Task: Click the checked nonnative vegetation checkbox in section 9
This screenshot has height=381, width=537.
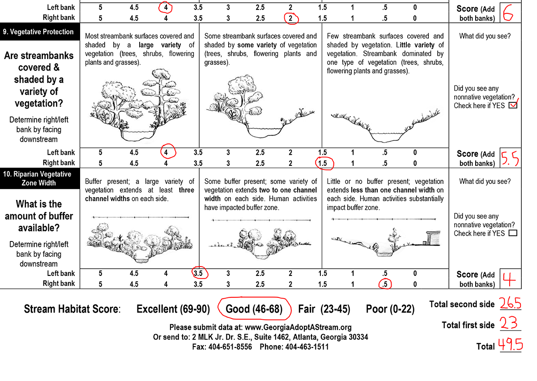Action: point(513,106)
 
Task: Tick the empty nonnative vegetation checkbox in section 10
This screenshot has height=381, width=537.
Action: point(513,233)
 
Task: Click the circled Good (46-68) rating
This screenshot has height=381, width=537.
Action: point(254,309)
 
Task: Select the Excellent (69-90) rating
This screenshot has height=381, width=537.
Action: point(173,309)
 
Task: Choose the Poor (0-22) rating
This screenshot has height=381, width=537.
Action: point(390,309)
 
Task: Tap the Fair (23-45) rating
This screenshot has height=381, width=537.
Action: point(324,309)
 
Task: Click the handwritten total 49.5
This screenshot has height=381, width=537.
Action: point(511,345)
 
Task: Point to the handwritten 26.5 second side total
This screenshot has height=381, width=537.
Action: point(511,304)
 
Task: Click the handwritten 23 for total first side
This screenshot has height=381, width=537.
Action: point(509,324)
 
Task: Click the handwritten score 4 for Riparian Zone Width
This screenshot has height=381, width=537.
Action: point(509,279)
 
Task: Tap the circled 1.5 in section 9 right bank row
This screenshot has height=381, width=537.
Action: point(322,163)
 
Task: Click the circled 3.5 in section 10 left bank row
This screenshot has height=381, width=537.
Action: point(198,273)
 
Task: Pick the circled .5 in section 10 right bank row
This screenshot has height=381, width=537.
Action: point(384,284)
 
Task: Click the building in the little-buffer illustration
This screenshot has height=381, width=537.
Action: point(431,238)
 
